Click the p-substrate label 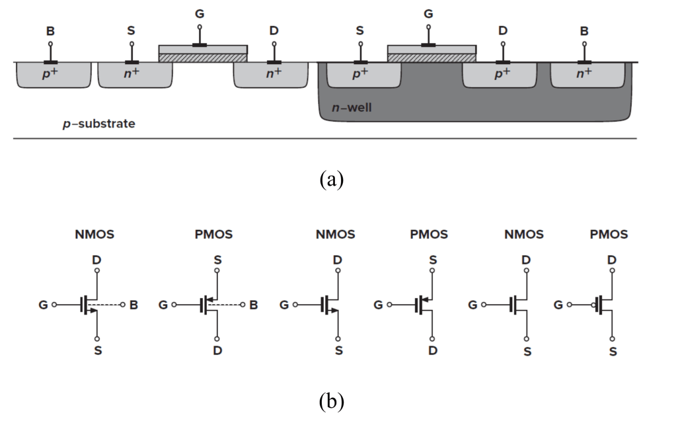pyautogui.click(x=99, y=124)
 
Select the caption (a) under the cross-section pyautogui.click(x=331, y=179)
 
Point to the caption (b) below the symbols pyautogui.click(x=331, y=401)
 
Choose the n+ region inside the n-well pyautogui.click(x=584, y=75)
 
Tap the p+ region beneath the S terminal pyautogui.click(x=361, y=75)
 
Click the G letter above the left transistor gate pyautogui.click(x=200, y=13)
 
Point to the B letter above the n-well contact pyautogui.click(x=585, y=30)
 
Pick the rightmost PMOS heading pyautogui.click(x=609, y=235)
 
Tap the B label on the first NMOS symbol pyautogui.click(x=134, y=305)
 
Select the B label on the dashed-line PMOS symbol pyautogui.click(x=254, y=305)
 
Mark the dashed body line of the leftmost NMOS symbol pyautogui.click(x=112, y=305)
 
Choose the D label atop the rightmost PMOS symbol pyautogui.click(x=612, y=260)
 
